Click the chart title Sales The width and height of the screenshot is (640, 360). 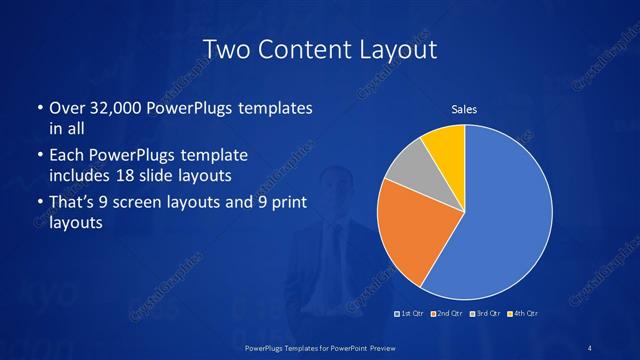(463, 108)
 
